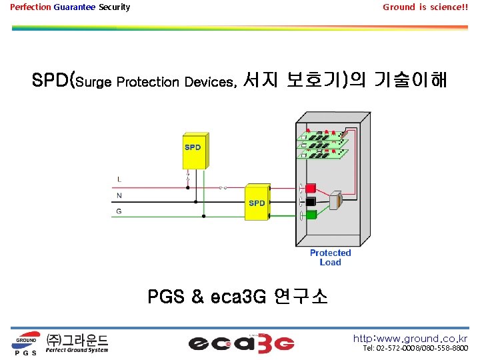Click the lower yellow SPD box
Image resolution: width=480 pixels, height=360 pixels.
click(257, 201)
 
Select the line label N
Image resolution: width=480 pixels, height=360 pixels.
click(119, 196)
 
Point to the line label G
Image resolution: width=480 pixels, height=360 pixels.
click(119, 211)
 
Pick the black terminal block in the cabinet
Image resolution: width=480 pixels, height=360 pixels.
click(309, 201)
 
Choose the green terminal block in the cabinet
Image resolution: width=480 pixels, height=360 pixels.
click(309, 214)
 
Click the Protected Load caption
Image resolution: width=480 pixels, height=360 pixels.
click(330, 257)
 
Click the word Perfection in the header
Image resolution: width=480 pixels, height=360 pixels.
click(30, 7)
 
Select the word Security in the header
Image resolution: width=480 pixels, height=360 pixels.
click(114, 7)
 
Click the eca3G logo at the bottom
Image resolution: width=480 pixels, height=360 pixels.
click(241, 343)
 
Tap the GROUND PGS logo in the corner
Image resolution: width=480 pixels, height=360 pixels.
click(27, 342)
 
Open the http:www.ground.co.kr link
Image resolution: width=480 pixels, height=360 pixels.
click(410, 338)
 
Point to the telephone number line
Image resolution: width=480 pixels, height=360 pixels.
click(415, 349)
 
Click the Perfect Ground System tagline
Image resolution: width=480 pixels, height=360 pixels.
click(77, 349)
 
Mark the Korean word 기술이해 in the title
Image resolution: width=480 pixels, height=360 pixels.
click(410, 81)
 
